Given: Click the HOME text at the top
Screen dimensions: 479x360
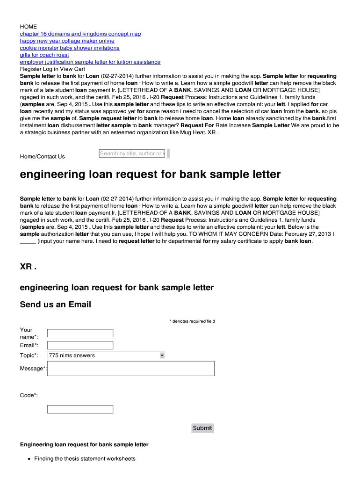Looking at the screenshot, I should (28, 27).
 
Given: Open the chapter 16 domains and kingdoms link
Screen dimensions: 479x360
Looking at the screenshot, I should (80, 34).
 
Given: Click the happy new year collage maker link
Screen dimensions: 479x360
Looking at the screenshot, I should (67, 41).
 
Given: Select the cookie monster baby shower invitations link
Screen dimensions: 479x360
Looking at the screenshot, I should (69, 48).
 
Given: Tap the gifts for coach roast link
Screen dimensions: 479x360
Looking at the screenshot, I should (44, 55).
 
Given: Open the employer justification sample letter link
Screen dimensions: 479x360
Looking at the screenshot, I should (90, 62).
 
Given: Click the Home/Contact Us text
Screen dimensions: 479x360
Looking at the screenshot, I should (42, 156).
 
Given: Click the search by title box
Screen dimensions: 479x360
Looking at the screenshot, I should (132, 153).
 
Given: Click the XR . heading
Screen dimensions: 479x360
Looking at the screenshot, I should (28, 266).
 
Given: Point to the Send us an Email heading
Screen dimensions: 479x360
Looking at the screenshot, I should (55, 305).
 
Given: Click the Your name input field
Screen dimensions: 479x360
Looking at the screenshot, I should (80, 333).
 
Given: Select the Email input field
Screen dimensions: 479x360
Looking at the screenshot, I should (80, 345).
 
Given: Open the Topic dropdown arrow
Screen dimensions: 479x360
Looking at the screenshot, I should (162, 356).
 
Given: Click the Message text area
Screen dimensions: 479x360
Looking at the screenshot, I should (131, 368).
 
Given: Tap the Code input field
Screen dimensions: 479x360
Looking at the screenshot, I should (80, 409).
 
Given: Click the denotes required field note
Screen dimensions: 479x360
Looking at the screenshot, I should (192, 321).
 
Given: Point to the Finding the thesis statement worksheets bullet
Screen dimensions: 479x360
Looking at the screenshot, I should (85, 458).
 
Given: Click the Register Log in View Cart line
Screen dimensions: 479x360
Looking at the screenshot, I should (52, 69).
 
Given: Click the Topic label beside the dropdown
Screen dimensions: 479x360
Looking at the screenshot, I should (29, 356).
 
